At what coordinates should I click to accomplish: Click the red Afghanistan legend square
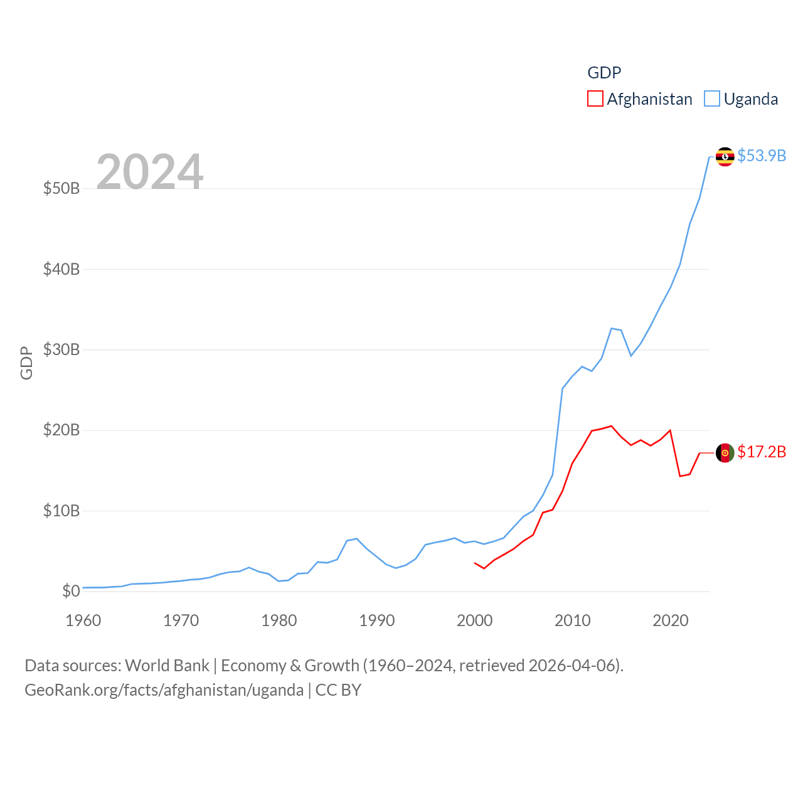tap(595, 99)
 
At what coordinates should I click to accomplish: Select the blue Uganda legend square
tap(712, 99)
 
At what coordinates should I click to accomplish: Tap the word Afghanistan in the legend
tap(649, 99)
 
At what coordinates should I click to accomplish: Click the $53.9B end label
tap(762, 156)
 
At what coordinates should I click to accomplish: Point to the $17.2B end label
tap(762, 452)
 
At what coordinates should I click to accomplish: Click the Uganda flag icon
tap(725, 156)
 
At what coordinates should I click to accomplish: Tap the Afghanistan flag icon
tap(725, 452)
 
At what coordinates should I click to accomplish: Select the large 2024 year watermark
tap(149, 171)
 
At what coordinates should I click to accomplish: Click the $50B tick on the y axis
tap(61, 188)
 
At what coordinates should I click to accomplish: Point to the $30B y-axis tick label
tap(61, 349)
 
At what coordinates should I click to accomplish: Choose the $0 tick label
tap(71, 591)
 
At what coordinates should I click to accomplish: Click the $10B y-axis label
tap(61, 511)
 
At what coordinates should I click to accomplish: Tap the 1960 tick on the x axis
tap(83, 620)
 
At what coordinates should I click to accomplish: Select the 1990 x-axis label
tap(377, 620)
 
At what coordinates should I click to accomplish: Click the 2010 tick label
tap(573, 620)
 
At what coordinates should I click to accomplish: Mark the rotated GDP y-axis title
tap(26, 363)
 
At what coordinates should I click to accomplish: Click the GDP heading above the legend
tap(604, 73)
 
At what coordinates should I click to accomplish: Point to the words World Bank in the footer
tap(167, 665)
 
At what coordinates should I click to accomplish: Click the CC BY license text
tap(338, 690)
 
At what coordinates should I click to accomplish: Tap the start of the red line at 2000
tap(475, 563)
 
